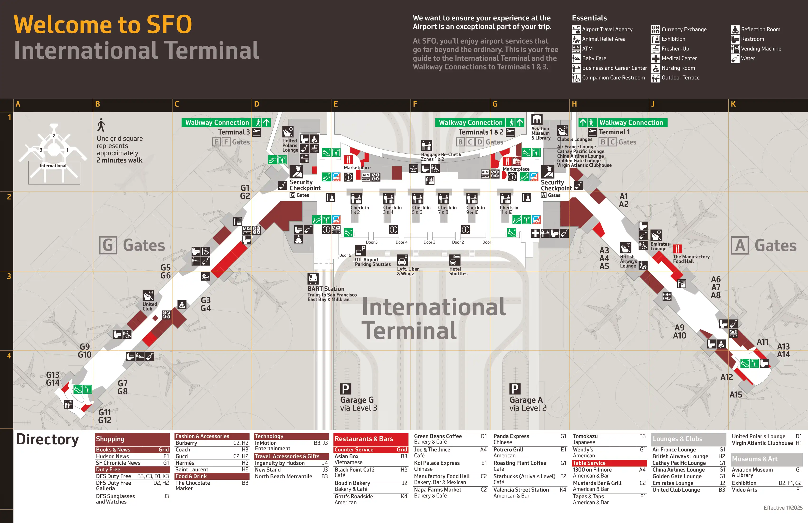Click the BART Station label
point(326,289)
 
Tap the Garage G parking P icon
point(345,388)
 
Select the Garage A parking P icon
point(514,388)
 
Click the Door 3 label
point(429,242)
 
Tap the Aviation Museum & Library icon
point(537,120)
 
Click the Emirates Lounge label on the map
point(660,246)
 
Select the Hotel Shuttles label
point(458,271)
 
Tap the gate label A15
point(736,395)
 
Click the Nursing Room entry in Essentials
point(678,68)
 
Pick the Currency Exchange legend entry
point(684,29)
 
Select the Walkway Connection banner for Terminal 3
point(217,123)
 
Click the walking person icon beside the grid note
point(101,125)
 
